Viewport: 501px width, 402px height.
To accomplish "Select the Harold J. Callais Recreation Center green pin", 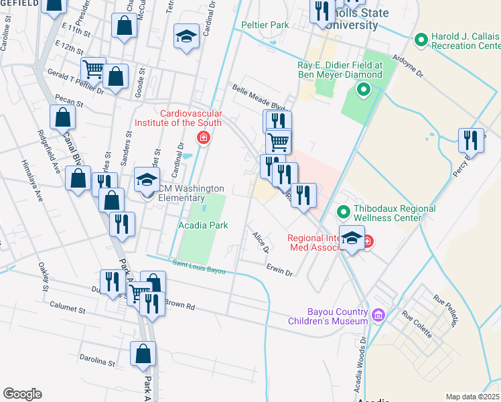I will tap(421, 40).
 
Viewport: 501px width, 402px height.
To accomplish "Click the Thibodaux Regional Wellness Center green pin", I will tap(344, 213).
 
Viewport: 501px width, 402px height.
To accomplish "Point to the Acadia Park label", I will tap(203, 226).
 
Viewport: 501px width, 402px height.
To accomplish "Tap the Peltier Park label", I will tap(265, 25).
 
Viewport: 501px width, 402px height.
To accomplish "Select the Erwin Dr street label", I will tap(280, 273).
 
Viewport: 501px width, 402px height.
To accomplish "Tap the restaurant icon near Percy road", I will tap(471, 141).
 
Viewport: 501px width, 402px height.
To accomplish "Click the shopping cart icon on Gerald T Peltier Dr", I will tap(93, 68).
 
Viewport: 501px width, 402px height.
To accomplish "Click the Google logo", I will tap(22, 394).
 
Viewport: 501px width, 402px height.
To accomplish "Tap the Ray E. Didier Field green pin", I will tap(364, 88).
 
